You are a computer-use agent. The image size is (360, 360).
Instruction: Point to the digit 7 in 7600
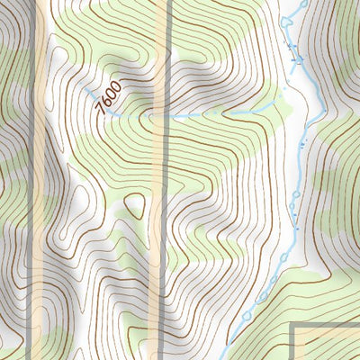(101, 109)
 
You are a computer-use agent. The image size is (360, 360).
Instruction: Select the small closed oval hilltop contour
(135, 207)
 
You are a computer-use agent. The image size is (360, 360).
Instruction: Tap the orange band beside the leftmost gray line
(40, 180)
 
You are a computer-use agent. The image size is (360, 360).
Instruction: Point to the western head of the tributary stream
(88, 91)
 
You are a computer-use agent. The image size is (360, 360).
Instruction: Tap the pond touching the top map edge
(303, 4)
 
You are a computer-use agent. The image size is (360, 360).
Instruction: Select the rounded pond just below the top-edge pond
(288, 19)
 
